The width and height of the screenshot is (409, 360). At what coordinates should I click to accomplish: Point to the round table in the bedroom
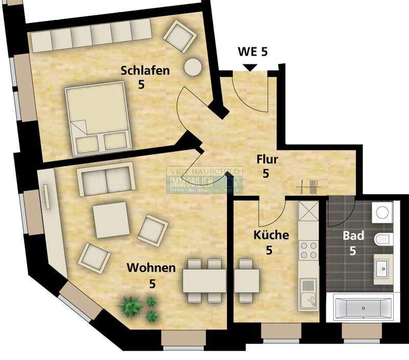click(193, 67)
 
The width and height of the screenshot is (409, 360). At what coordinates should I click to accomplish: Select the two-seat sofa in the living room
click(106, 179)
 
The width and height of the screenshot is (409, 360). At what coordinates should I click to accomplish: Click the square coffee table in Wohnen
click(111, 220)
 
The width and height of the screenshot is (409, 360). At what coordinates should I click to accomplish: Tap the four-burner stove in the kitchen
click(308, 251)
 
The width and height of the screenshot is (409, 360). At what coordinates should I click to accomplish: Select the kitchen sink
click(308, 294)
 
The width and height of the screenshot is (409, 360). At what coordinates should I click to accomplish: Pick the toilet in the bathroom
click(382, 238)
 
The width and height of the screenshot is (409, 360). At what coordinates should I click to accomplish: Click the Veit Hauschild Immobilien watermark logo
click(204, 180)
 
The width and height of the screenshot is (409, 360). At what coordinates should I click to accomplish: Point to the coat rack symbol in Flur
click(311, 187)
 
